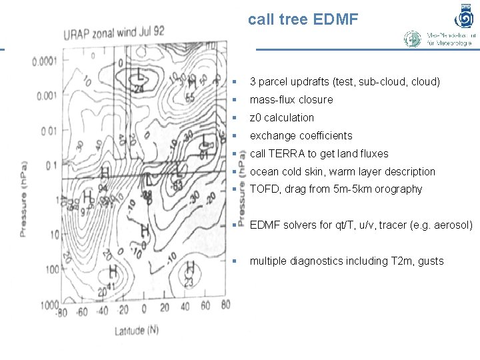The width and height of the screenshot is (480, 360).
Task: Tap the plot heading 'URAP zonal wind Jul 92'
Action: point(114,31)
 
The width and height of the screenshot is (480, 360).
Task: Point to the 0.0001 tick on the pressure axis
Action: point(43,61)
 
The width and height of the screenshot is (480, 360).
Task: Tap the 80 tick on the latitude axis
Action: point(225,305)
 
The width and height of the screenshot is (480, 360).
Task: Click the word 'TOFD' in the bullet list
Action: point(264,189)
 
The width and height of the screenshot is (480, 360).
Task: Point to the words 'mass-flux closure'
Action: point(291,100)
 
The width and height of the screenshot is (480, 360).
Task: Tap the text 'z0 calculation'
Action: point(281,118)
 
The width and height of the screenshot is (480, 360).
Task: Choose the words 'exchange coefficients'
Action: point(301,136)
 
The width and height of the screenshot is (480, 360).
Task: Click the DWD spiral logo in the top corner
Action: point(464,15)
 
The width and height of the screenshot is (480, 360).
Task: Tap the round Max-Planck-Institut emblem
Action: point(413,39)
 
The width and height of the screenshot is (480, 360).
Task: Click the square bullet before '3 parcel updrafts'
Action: point(235,82)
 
